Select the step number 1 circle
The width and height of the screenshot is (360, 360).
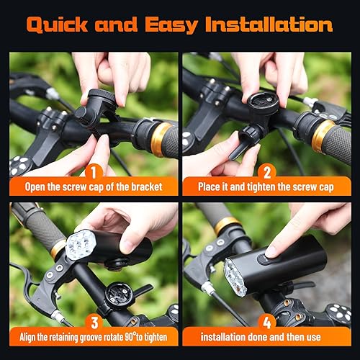click(x=92, y=173)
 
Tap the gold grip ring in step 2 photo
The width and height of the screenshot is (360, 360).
click(x=323, y=135)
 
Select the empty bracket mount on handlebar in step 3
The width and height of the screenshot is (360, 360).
click(x=114, y=295)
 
